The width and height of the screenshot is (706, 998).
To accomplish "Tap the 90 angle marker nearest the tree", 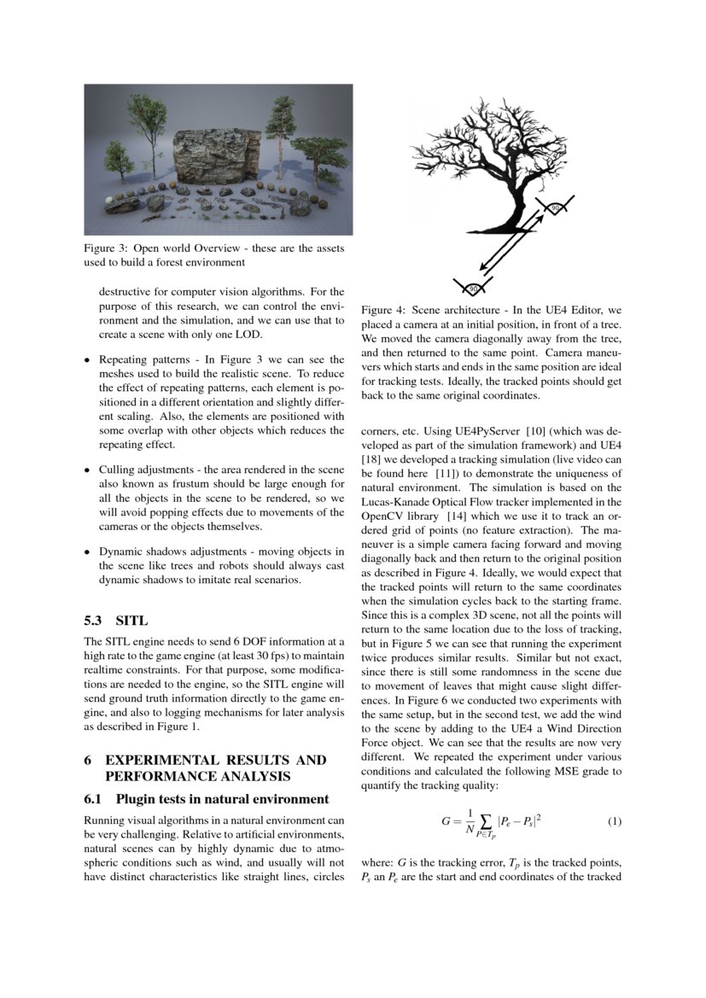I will (x=554, y=207).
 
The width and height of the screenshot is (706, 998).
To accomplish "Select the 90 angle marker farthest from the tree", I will (x=472, y=289).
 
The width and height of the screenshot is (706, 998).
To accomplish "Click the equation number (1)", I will (x=614, y=821).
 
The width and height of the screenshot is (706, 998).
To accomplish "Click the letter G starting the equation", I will (x=445, y=821).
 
